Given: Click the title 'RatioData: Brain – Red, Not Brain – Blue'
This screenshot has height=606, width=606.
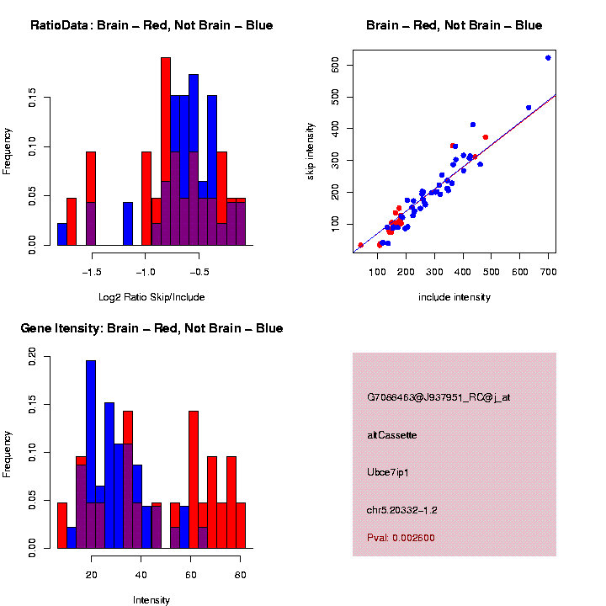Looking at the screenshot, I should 151,26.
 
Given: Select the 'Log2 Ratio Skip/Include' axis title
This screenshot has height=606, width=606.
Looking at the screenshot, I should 151,297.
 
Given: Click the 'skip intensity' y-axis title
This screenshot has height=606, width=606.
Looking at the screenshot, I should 334,151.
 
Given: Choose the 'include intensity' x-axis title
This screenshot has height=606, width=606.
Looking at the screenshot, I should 454,297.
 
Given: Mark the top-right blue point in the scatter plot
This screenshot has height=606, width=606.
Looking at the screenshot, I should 548,58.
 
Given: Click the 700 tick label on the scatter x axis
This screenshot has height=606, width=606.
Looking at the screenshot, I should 548,271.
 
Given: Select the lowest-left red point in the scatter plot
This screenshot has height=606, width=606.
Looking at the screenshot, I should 361,245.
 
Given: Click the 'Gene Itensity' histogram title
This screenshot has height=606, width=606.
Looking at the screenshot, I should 151,328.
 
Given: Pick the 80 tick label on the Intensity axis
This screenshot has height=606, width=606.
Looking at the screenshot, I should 240,576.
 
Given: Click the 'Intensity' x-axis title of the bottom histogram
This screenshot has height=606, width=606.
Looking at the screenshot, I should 151,600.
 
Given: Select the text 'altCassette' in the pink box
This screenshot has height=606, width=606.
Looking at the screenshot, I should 391,435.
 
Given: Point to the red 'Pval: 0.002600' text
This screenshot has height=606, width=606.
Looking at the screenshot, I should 401,537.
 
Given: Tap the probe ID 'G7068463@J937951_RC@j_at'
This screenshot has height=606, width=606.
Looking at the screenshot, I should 438,397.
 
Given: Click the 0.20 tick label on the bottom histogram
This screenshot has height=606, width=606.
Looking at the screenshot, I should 31,358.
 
